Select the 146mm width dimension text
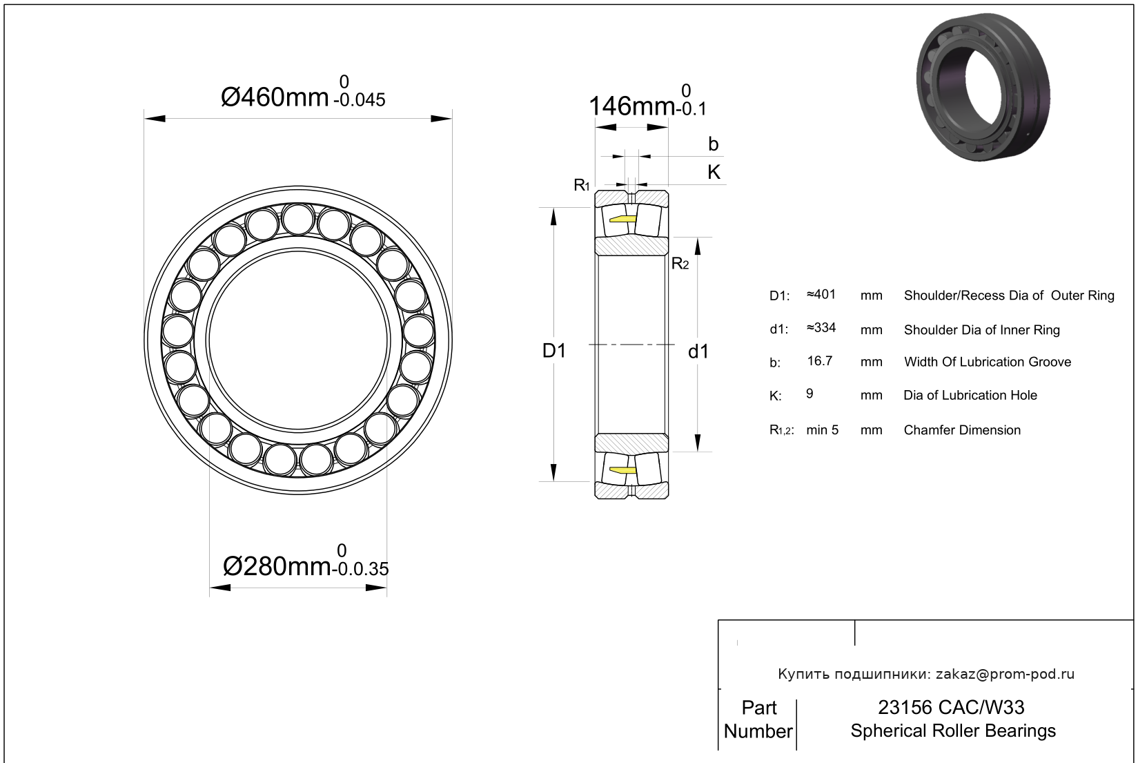click(x=647, y=102)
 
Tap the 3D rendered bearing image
click(x=983, y=86)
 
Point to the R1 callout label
click(x=582, y=185)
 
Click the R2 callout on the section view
click(x=680, y=263)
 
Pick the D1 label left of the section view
click(x=553, y=351)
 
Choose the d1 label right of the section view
click(x=698, y=351)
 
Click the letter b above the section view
click(x=714, y=144)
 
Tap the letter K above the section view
click(x=714, y=173)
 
